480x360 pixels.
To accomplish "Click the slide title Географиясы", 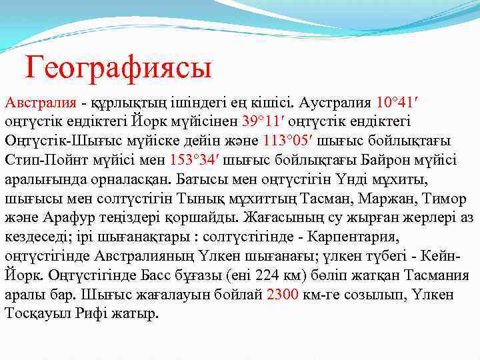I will (118, 67).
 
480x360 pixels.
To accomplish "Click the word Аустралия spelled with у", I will (335, 103).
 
